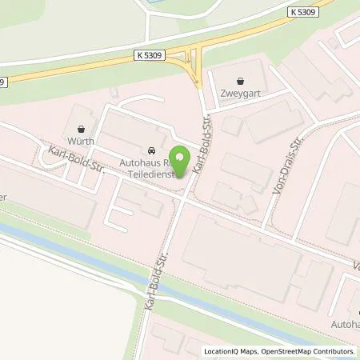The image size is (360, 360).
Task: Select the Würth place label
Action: coord(80,142)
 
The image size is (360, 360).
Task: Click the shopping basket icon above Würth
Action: coord(80,128)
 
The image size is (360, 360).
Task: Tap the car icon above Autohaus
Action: coord(151,150)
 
